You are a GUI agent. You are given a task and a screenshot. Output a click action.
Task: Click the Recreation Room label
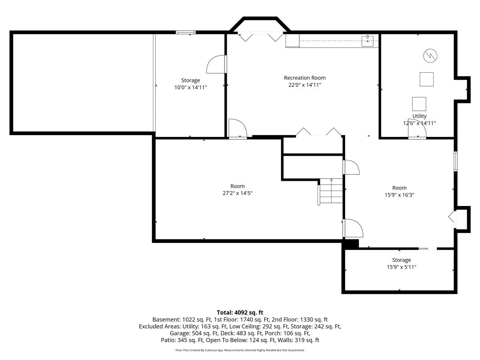tap(305, 78)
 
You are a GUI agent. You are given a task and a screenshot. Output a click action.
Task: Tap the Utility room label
tap(419, 116)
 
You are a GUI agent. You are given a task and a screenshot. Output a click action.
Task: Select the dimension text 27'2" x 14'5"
tap(238, 193)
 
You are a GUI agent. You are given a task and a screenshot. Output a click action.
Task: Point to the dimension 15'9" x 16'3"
tap(399, 195)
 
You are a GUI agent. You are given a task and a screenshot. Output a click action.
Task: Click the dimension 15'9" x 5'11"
tap(401, 267)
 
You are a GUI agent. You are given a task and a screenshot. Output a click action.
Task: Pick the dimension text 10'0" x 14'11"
tap(190, 88)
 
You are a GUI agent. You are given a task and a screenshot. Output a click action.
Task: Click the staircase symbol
tap(330, 191)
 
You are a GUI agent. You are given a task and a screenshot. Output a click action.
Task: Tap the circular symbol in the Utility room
tap(430, 56)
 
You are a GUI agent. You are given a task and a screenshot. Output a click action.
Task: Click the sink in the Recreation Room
tap(367, 41)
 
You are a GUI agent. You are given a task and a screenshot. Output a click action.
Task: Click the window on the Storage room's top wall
tap(186, 32)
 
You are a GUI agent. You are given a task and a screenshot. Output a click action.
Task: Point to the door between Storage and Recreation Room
tap(216, 64)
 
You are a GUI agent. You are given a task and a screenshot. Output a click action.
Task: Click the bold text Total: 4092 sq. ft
tap(240, 312)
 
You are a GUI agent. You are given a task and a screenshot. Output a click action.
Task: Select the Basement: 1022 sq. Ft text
tap(182, 320)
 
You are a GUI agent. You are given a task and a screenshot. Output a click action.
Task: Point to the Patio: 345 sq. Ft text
tap(182, 340)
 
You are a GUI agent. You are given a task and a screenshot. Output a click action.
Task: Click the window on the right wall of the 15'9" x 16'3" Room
tap(456, 161)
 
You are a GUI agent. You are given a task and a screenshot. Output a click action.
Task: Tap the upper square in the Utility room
tap(426, 79)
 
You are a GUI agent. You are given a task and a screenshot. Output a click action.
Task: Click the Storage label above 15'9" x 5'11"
tap(401, 260)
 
